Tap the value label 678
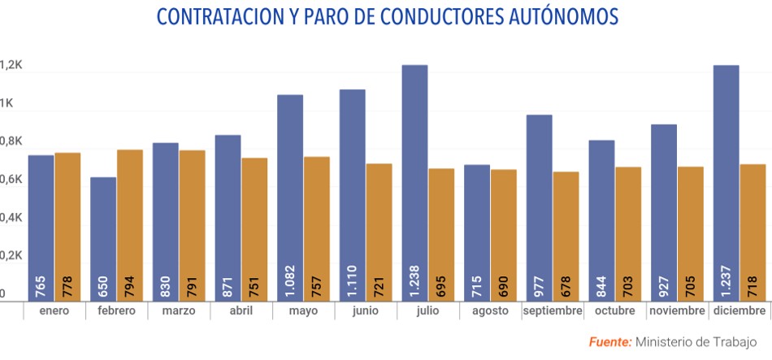coord(566,286)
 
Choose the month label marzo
coord(178,311)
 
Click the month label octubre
coord(614,311)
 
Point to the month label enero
coord(54,311)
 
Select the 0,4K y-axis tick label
coord(11,218)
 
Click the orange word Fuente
coord(609,341)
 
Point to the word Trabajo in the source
coord(735,341)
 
